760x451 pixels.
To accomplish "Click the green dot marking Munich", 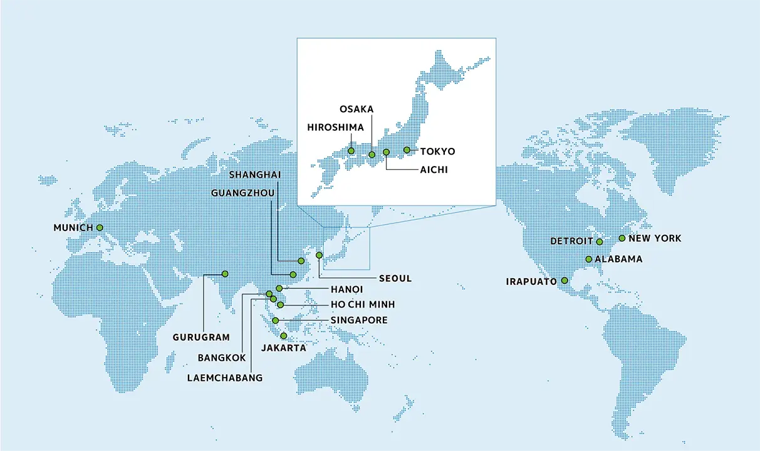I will point(100,228).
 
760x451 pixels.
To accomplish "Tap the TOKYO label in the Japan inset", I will point(437,152).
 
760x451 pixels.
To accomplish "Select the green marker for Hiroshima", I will point(351,151).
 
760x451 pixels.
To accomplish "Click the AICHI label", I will point(434,170).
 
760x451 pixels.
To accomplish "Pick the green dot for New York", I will point(622,238).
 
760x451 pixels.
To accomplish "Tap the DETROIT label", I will point(571,241).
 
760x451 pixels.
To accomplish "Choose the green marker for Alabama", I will point(588,259).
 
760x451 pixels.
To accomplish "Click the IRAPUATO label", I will point(531,282).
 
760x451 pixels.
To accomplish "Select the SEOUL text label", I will point(395,279).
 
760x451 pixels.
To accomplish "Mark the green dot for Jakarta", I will point(284,336).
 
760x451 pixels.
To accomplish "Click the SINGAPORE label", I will point(359,320).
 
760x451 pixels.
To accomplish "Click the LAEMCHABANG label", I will point(225,378).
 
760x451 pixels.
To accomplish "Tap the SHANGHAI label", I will point(254,174).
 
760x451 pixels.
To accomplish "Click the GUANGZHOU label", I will point(243,193).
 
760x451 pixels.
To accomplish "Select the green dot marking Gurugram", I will point(224,274).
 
